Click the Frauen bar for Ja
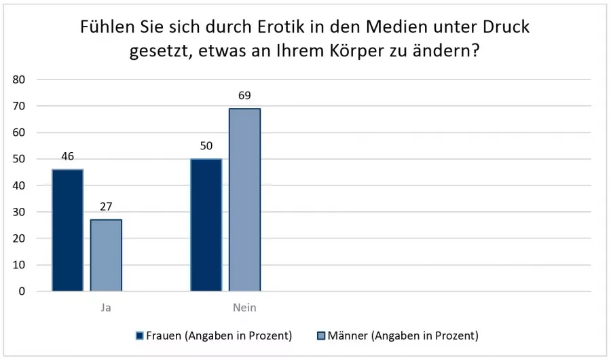click(x=67, y=230)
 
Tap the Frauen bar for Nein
click(x=206, y=225)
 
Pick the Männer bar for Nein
click(x=244, y=200)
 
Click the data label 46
click(x=67, y=157)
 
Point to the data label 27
click(x=106, y=207)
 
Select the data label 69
click(x=244, y=96)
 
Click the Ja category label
click(x=105, y=308)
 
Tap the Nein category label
click(x=244, y=308)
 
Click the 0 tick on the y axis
click(x=22, y=291)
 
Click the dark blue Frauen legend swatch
click(x=140, y=336)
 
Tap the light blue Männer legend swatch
click(x=322, y=336)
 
